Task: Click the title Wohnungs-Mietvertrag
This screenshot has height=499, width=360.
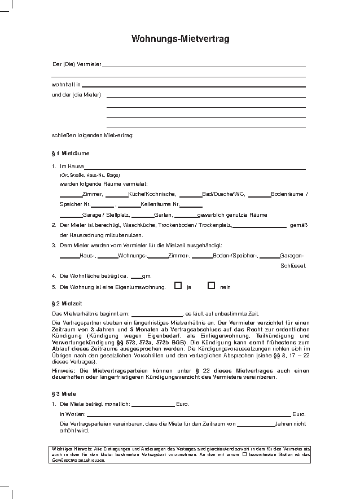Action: click(180, 39)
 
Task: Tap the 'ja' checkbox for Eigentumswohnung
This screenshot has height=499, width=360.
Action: click(178, 286)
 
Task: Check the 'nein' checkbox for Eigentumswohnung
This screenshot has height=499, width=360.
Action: click(212, 286)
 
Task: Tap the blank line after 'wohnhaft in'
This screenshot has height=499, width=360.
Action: click(194, 86)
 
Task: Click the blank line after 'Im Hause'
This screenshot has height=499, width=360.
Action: click(195, 168)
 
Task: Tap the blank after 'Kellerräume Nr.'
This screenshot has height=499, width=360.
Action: click(191, 205)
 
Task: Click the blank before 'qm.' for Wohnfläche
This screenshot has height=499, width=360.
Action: click(137, 277)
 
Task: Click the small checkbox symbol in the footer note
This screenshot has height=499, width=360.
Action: click(244, 453)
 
